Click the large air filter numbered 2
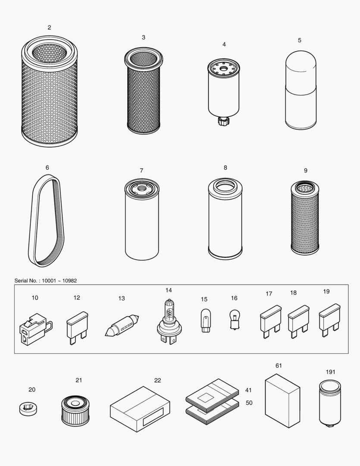[49, 93]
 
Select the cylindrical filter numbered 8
[225, 220]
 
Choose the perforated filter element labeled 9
[305, 218]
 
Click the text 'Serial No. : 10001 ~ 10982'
[46, 281]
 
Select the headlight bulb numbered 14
[169, 321]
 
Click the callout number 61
[279, 366]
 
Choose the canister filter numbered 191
[330, 403]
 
